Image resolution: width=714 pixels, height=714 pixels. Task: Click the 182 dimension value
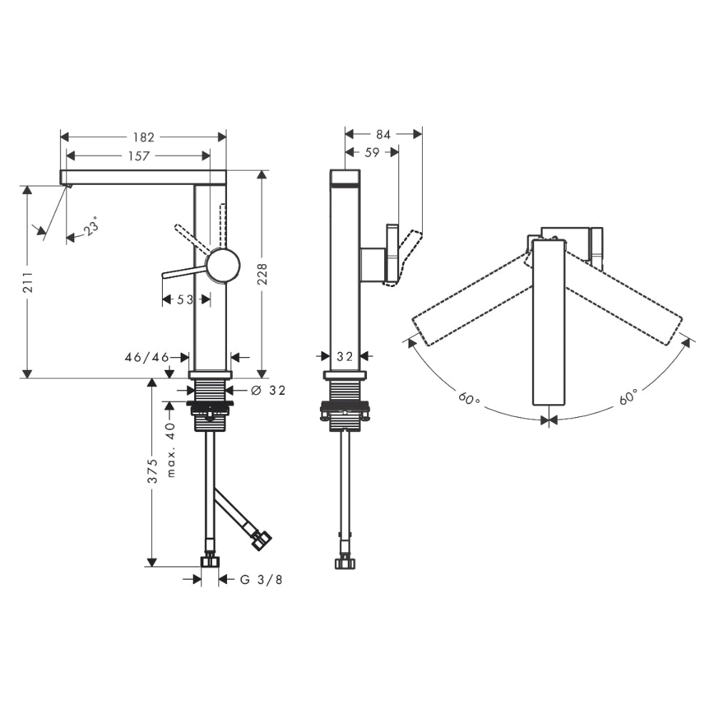tap(144, 136)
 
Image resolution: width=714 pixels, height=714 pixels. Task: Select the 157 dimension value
tap(139, 156)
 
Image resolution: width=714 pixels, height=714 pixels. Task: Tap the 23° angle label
tap(91, 228)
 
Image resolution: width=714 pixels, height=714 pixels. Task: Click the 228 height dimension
tap(263, 274)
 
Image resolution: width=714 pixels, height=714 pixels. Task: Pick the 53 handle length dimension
tap(186, 300)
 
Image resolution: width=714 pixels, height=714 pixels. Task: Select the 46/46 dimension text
tap(147, 358)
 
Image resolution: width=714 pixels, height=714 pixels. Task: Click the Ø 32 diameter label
tap(268, 391)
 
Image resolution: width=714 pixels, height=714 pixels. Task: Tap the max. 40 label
tap(171, 450)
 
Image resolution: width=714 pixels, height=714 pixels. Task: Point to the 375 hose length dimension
tap(154, 471)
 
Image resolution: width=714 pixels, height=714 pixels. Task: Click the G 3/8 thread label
tap(261, 580)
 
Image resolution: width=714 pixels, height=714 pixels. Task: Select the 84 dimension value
tap(383, 134)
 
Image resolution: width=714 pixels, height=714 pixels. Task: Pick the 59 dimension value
tap(372, 153)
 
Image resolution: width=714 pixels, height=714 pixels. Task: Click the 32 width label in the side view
tap(345, 356)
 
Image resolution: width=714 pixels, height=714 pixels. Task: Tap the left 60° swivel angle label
tap(470, 398)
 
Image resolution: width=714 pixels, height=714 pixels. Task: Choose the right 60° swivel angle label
tap(628, 398)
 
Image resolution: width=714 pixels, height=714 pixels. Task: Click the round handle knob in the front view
tap(223, 266)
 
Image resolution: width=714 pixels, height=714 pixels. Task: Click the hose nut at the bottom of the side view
tap(345, 562)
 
